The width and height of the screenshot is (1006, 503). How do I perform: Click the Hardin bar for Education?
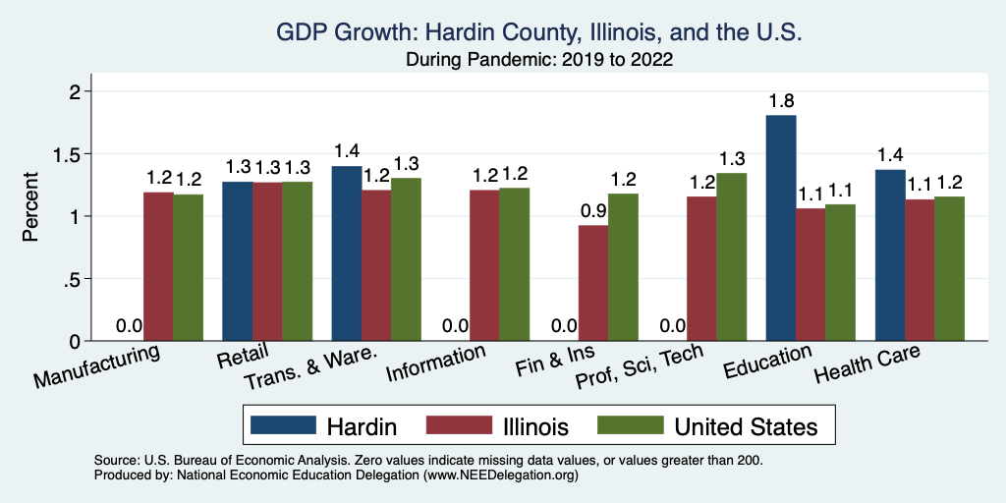click(x=781, y=228)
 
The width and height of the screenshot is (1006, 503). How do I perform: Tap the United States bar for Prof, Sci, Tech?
click(x=731, y=256)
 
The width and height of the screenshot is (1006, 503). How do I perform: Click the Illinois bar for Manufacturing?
click(x=159, y=266)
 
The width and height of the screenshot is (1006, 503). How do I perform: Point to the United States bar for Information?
click(x=514, y=264)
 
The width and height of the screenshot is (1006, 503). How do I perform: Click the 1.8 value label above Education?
click(x=782, y=100)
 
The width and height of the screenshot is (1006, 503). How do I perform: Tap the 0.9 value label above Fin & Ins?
click(x=593, y=210)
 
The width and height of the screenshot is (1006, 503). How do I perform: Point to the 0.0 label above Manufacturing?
click(x=130, y=326)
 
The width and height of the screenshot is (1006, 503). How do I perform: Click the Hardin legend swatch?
click(x=284, y=425)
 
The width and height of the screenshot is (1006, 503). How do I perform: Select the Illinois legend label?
click(x=535, y=426)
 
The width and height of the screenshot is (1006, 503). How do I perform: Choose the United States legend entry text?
click(x=746, y=426)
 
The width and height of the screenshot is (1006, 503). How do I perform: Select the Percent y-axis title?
click(x=31, y=207)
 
